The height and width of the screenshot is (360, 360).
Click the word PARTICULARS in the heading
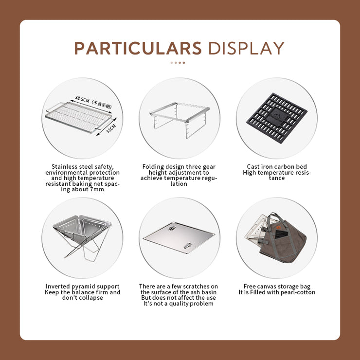click(x=138, y=49)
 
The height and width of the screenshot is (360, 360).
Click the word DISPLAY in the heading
click(x=246, y=49)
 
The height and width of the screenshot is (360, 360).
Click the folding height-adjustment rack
click(x=180, y=120)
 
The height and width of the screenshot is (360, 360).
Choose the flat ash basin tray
click(x=180, y=238)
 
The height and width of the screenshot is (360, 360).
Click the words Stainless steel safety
click(x=82, y=167)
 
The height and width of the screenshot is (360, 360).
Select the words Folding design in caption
click(x=161, y=167)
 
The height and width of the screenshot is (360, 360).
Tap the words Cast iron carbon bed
click(x=276, y=167)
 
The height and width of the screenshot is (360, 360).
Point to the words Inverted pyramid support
click(x=82, y=287)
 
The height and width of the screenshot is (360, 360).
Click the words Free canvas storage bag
click(x=276, y=287)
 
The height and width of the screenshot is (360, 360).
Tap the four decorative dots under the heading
click(x=178, y=63)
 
